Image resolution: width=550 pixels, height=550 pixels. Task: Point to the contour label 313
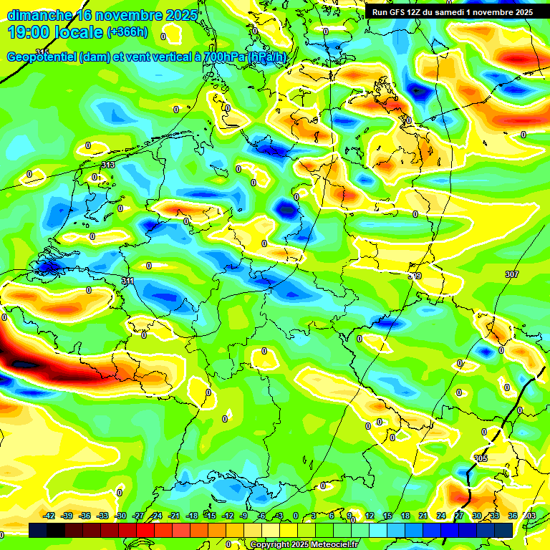(x=108, y=165)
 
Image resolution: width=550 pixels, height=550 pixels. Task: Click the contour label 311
(x=127, y=281)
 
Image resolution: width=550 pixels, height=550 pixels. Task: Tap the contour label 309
(x=415, y=275)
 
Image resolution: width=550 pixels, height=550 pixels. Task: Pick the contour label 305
(x=481, y=458)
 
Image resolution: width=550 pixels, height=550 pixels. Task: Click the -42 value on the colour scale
(x=49, y=516)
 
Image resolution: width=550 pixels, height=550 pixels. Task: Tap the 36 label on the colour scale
(x=513, y=516)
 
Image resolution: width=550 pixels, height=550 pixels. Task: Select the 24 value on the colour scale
(x=441, y=516)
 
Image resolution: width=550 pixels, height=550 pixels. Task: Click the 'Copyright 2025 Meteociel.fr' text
(x=304, y=544)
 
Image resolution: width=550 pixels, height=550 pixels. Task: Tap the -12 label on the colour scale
(x=228, y=516)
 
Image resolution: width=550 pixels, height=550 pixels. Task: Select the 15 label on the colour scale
(x=387, y=516)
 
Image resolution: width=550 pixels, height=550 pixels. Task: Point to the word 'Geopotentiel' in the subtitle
(x=42, y=57)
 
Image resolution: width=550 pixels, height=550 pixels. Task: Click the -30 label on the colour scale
(x=120, y=516)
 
